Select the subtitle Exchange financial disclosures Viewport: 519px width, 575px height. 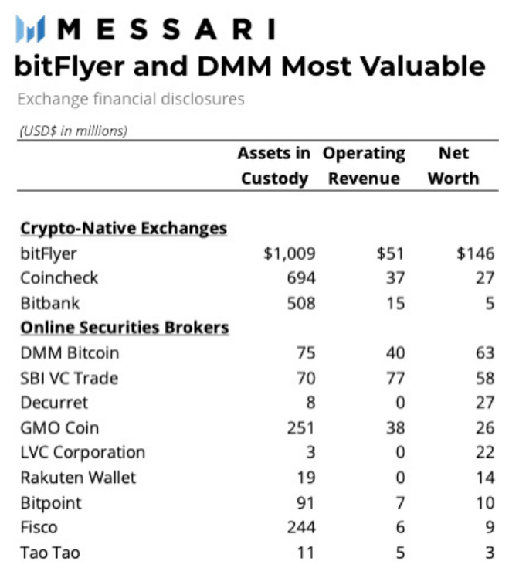[x=131, y=99]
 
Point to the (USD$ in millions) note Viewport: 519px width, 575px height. [x=72, y=130]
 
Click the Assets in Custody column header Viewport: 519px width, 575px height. [x=274, y=165]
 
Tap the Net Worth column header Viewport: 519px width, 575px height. [x=453, y=165]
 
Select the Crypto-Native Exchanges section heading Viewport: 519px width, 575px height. [x=124, y=228]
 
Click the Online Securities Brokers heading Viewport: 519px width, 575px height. [x=124, y=327]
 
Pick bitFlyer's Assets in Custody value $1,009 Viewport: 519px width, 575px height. [x=290, y=253]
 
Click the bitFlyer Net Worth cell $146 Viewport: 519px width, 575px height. [x=475, y=253]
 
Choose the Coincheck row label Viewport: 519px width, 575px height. [x=59, y=277]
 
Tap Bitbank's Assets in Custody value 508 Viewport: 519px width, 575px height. [x=301, y=302]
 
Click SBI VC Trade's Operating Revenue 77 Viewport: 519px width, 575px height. [x=395, y=378]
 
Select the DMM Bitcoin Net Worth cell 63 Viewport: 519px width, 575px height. [x=484, y=353]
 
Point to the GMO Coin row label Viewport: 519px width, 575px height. [x=59, y=427]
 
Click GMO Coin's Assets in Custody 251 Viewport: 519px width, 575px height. [x=301, y=427]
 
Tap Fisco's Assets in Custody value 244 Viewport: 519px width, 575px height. [x=301, y=528]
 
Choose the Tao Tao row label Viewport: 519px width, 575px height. [x=50, y=553]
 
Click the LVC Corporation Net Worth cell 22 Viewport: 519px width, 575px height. [x=484, y=452]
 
